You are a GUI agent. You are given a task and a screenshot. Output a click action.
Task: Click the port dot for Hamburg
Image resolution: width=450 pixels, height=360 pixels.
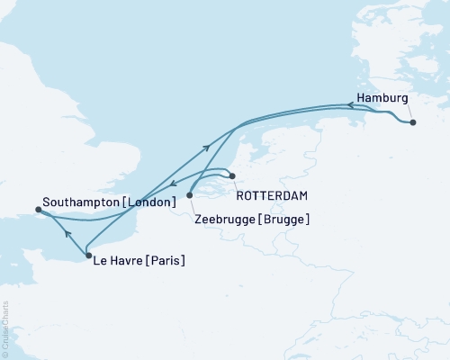click(x=413, y=122)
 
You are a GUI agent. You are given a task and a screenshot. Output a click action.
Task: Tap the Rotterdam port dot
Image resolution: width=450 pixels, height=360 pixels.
click(x=231, y=175)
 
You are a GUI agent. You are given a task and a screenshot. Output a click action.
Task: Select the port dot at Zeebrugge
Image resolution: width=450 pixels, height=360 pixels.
click(x=189, y=194)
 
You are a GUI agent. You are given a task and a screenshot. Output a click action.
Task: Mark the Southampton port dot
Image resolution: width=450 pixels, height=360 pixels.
click(x=37, y=210)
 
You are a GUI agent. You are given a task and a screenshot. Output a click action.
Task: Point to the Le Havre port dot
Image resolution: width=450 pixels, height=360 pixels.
click(x=87, y=256)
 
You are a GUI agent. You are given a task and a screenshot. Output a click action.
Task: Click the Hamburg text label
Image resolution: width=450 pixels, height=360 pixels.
click(x=382, y=97)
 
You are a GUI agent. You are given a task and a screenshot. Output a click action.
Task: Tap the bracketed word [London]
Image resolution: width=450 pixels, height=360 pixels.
click(x=149, y=202)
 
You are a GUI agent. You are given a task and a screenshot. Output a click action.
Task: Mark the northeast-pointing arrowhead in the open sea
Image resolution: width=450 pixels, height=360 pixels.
click(x=208, y=147)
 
